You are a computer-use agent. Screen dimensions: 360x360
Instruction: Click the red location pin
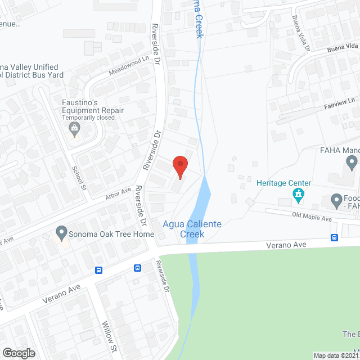point(179,166)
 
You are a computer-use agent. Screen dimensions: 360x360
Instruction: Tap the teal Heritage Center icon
point(299,195)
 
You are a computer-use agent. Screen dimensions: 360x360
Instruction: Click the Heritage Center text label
point(283,183)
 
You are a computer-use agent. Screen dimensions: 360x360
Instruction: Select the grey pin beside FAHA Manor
point(352,163)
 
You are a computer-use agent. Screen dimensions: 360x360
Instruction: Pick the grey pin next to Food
point(337,200)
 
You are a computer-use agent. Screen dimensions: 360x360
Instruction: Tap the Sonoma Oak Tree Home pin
point(61,232)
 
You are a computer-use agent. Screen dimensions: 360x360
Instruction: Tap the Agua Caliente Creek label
point(192,229)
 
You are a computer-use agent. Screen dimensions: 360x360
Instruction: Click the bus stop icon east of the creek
point(334,237)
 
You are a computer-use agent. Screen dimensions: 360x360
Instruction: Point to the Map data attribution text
point(336,355)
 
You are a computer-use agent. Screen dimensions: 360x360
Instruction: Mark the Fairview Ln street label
point(340,101)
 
